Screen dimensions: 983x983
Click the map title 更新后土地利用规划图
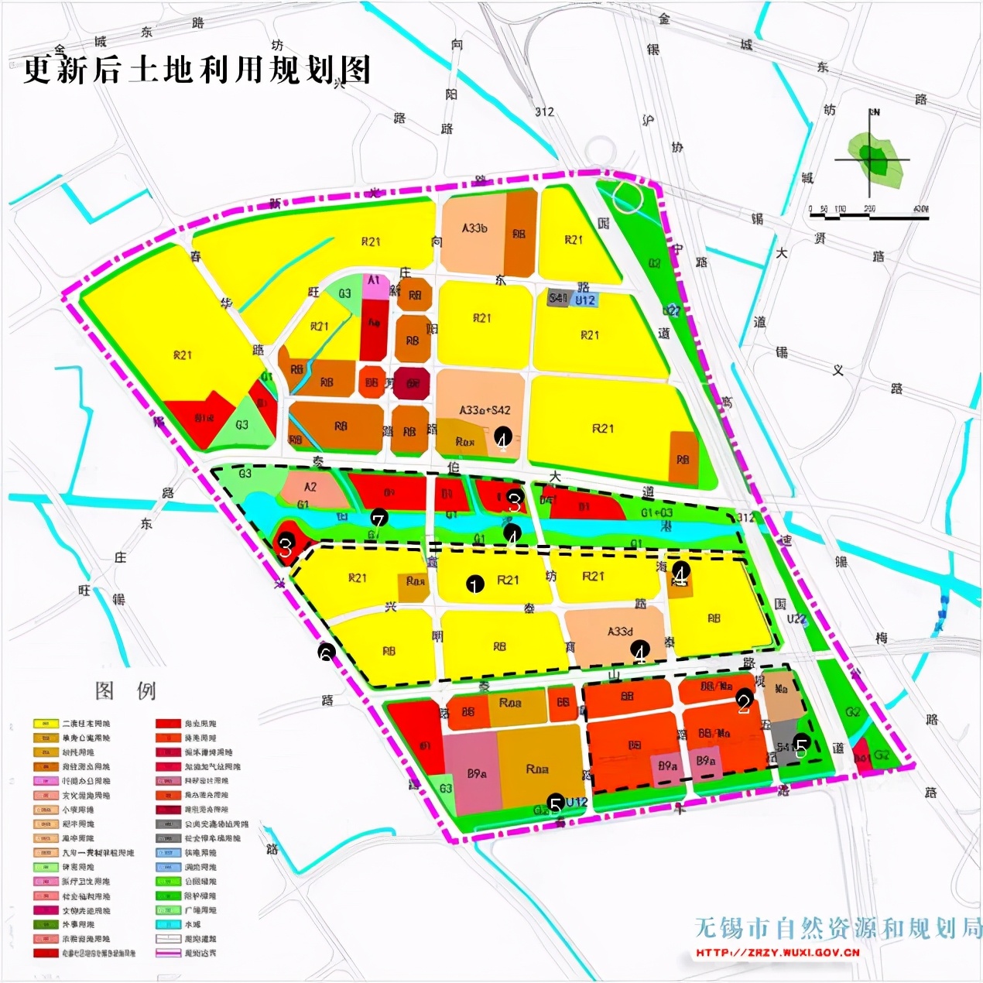point(197,70)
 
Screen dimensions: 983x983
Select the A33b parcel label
point(474,228)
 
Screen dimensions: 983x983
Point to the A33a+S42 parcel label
point(485,410)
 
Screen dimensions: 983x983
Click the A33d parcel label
point(619,632)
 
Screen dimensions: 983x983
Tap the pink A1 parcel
point(374,281)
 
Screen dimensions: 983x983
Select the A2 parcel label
point(310,487)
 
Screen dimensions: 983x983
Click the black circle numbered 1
point(474,584)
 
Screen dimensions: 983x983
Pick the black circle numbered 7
point(378,518)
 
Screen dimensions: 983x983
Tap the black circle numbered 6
point(326,652)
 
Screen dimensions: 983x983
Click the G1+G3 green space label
point(656,513)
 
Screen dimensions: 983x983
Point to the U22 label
point(796,619)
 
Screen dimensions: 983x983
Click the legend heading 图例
point(125,690)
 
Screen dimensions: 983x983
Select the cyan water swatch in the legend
point(168,924)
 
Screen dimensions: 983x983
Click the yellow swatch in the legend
point(46,724)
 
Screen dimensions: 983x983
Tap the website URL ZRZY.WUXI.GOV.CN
point(778,953)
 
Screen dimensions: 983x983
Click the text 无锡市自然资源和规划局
point(837,927)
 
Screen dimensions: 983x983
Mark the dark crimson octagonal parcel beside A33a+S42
point(412,383)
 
